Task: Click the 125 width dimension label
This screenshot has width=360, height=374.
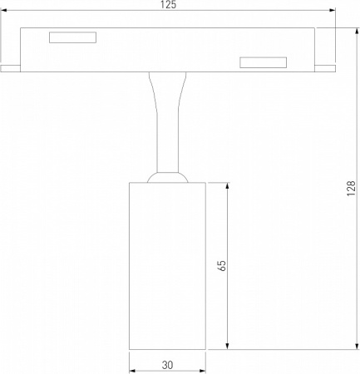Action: [x=168, y=5]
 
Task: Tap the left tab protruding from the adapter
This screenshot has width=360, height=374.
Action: [x=10, y=67]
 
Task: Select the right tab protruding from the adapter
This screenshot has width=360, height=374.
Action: [x=326, y=67]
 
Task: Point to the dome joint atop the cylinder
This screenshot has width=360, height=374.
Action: [x=167, y=176]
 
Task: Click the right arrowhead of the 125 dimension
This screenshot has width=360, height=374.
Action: [x=333, y=12]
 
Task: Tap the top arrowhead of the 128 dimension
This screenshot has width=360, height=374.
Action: [x=353, y=31]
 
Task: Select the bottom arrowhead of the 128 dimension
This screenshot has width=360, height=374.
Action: [x=353, y=346]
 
